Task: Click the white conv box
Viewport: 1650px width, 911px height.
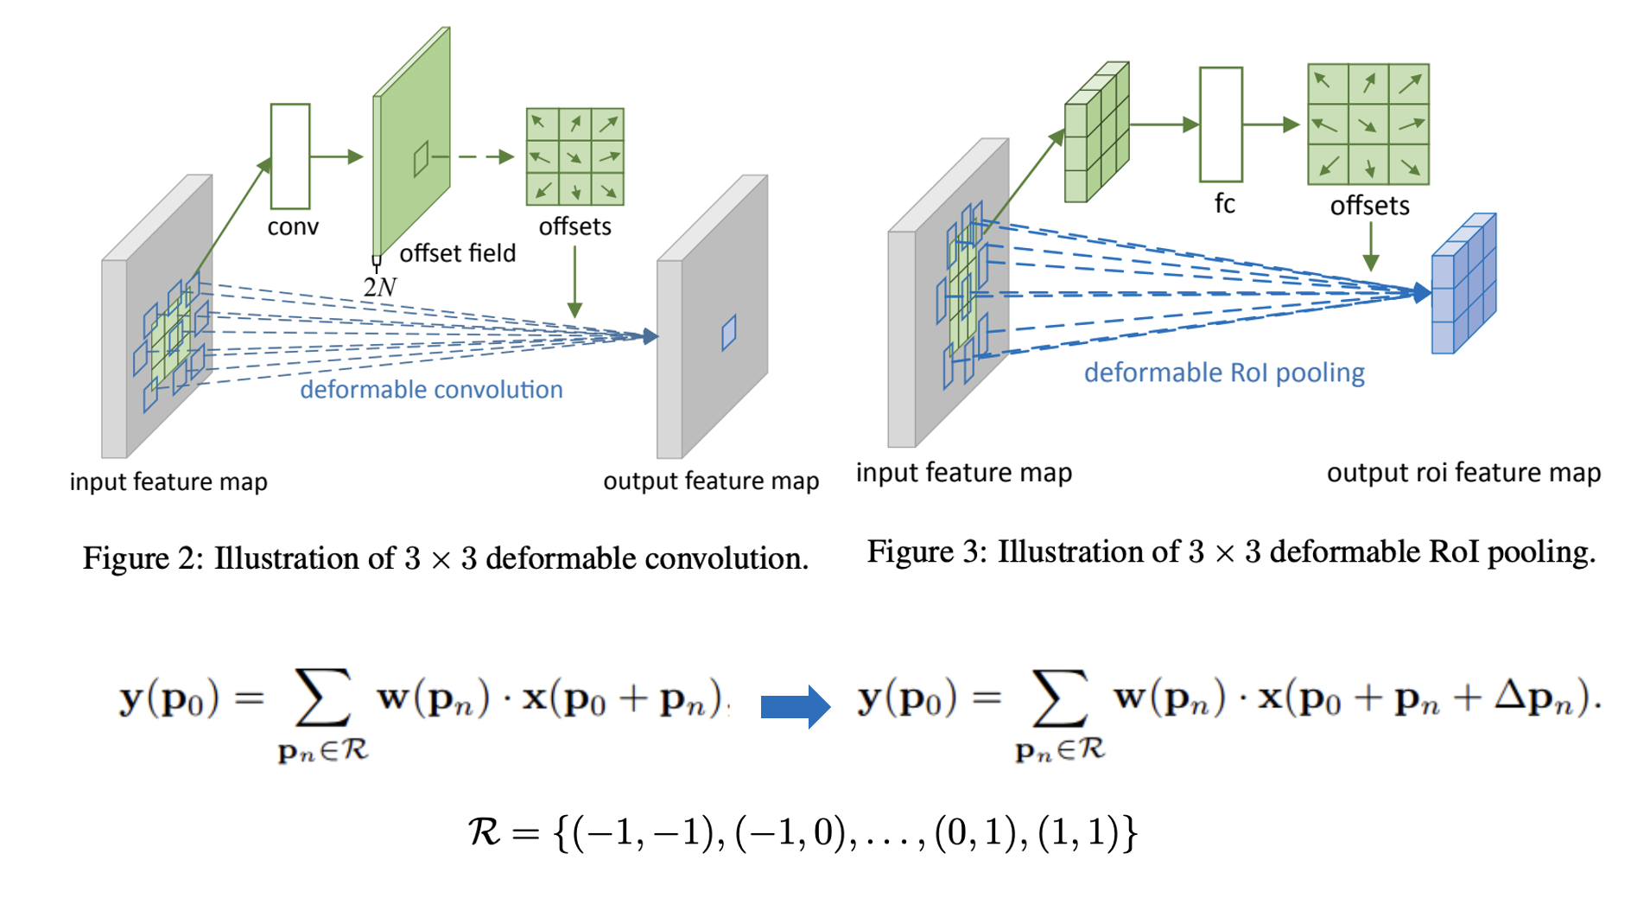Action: [x=290, y=156]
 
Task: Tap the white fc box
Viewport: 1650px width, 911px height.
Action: [x=1221, y=124]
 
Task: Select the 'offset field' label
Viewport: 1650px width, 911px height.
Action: [x=457, y=253]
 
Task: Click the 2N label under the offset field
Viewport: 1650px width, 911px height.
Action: [x=379, y=287]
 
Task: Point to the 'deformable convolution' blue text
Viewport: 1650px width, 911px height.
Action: [x=431, y=390]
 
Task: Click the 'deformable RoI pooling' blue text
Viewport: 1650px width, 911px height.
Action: [x=1224, y=373]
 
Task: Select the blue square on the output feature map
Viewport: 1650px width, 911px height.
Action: [x=728, y=333]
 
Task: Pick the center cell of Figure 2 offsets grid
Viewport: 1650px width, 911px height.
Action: [x=574, y=156]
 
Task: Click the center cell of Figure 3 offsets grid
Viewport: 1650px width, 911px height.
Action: [x=1368, y=124]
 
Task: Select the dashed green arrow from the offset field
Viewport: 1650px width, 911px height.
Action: [x=484, y=156]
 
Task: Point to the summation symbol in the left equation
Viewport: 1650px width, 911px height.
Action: [x=322, y=697]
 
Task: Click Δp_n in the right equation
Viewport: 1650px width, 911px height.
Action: [x=1544, y=697]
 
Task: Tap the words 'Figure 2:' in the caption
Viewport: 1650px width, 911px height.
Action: [x=143, y=558]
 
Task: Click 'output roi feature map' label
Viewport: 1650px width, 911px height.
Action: [x=1463, y=473]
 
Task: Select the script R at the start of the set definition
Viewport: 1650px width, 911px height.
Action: [x=484, y=832]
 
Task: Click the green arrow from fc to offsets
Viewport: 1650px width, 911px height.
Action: [x=1271, y=124]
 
